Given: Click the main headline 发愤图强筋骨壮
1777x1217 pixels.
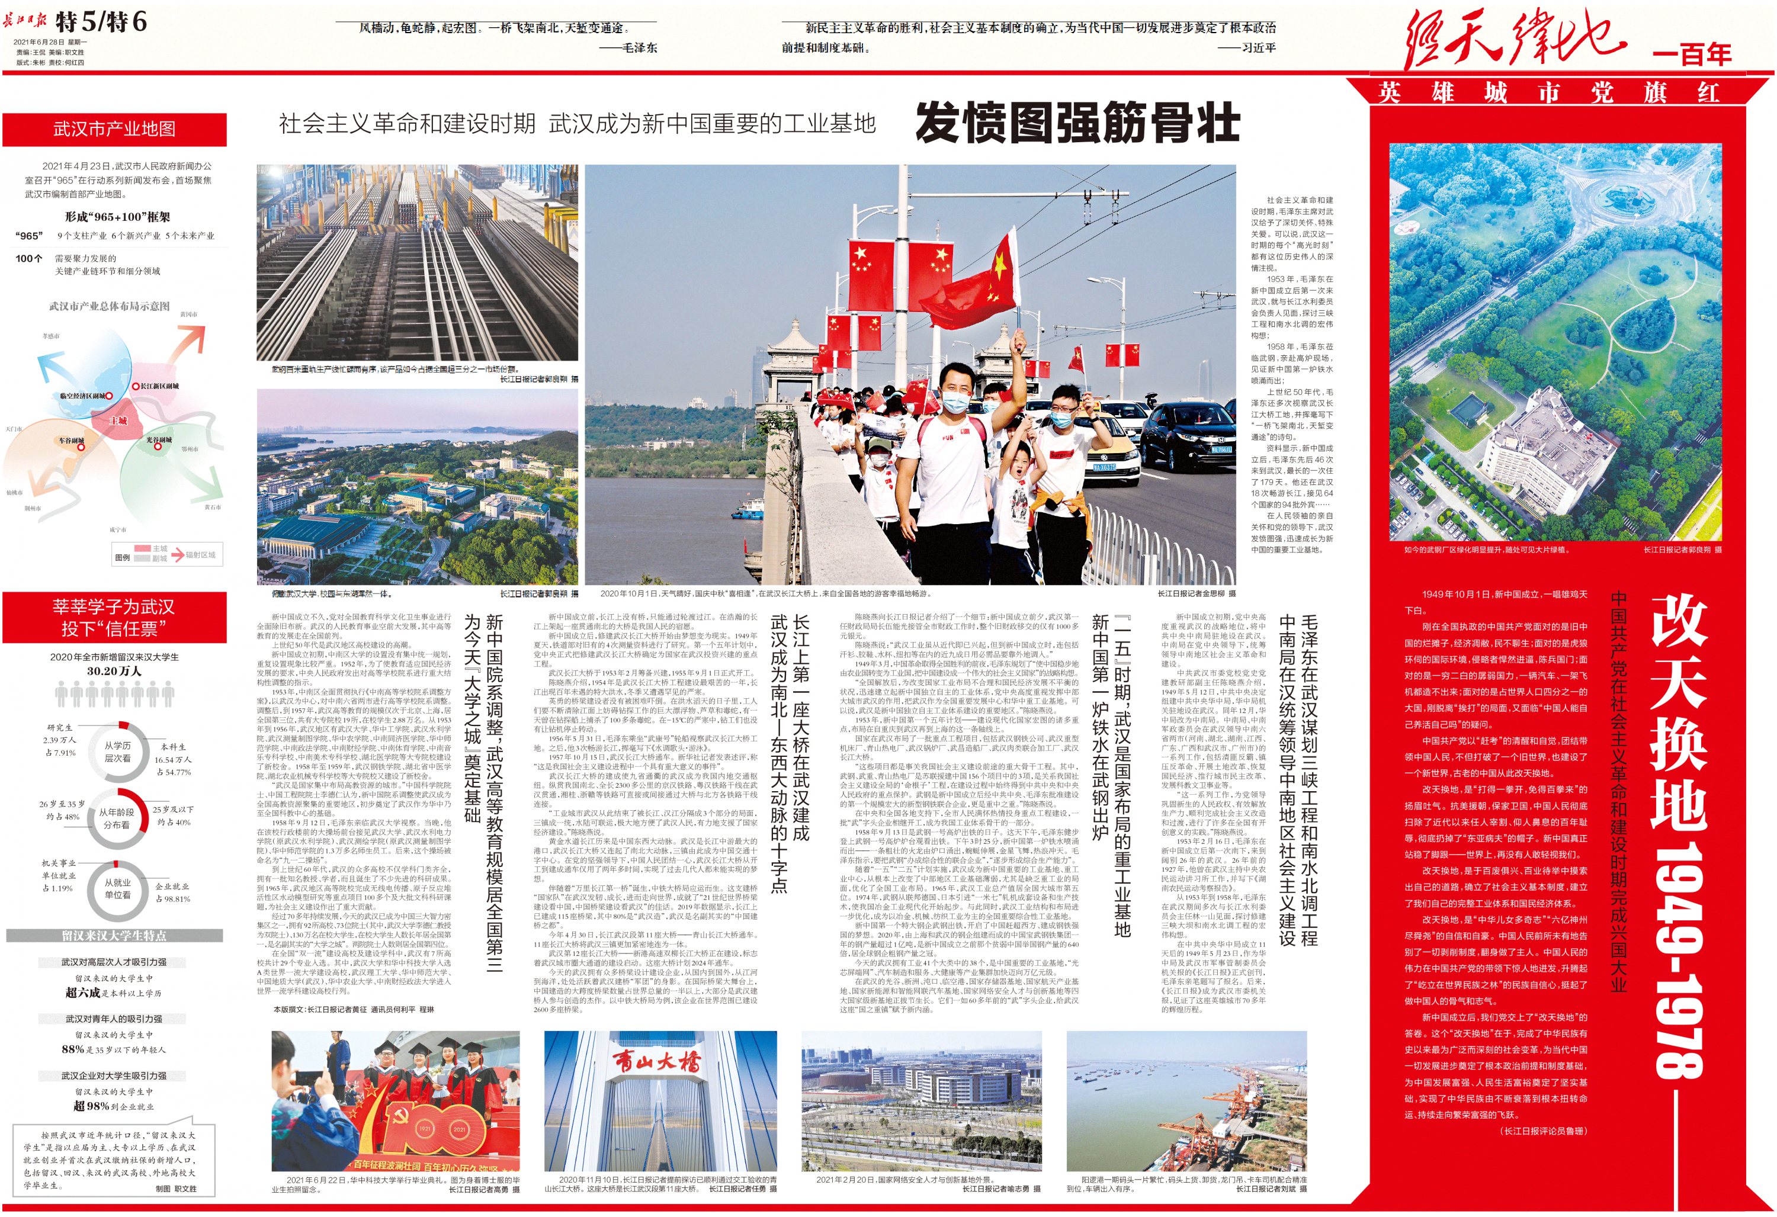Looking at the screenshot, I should pyautogui.click(x=1077, y=123).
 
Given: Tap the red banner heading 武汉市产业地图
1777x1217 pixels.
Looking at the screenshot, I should pyautogui.click(x=114, y=129).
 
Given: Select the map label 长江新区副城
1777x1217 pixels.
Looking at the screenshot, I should pyautogui.click(x=159, y=386).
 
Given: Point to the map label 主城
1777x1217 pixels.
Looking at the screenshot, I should pyautogui.click(x=118, y=420).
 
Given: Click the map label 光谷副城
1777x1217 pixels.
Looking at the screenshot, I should pyautogui.click(x=159, y=441).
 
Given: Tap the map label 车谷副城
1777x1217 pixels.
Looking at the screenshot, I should pyautogui.click(x=71, y=441).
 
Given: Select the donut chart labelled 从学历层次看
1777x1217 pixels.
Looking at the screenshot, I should pyautogui.click(x=118, y=752).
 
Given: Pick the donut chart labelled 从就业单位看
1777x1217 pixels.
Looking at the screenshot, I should pyautogui.click(x=118, y=889).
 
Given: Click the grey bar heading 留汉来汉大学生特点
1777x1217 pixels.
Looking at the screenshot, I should pyautogui.click(x=114, y=936).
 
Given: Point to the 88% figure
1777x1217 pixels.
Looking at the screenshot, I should pyautogui.click(x=73, y=1049).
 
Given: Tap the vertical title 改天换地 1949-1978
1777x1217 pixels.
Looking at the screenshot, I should pyautogui.click(x=1679, y=833).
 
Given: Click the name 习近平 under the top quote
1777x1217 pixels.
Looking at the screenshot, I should pyautogui.click(x=1257, y=47).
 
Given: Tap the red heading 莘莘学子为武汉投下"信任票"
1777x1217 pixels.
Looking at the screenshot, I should pyautogui.click(x=114, y=618).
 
